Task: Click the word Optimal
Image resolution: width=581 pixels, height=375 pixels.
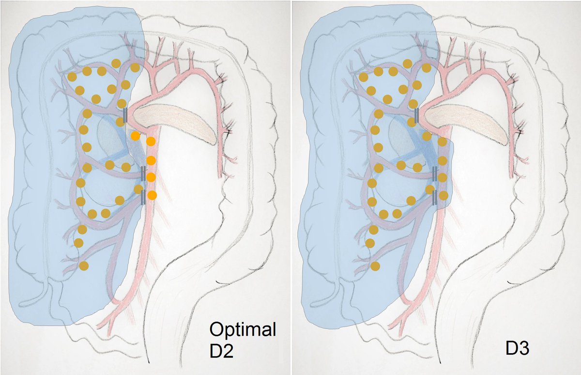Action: click(242, 331)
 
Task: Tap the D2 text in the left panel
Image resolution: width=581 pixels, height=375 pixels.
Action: click(221, 350)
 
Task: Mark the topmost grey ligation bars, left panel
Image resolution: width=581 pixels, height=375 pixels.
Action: click(125, 115)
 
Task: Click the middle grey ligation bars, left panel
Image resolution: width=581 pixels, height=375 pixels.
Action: click(143, 173)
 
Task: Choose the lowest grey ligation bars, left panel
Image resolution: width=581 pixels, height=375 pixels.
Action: click(143, 197)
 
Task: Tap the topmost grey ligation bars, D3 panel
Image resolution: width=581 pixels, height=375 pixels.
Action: click(417, 115)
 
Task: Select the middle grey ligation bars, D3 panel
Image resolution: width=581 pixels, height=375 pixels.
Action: click(435, 173)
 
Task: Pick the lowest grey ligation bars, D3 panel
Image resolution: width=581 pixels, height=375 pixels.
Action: click(435, 197)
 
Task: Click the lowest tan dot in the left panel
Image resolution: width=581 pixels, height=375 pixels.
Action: click(83, 266)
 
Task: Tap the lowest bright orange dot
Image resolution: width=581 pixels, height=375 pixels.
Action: click(152, 195)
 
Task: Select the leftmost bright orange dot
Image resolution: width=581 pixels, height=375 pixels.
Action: click(135, 136)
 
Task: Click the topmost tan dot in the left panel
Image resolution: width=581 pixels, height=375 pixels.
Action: click(116, 63)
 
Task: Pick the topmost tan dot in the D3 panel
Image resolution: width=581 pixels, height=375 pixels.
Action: click(408, 63)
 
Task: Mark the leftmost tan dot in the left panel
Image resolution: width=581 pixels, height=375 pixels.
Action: click(72, 77)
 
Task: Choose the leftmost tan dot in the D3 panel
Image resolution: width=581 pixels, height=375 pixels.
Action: click(364, 77)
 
